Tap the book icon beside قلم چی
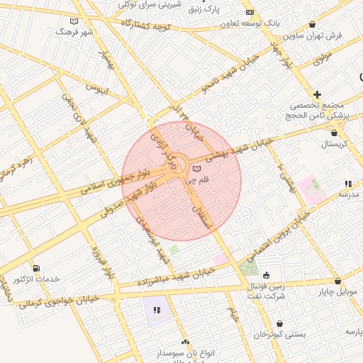[196, 169]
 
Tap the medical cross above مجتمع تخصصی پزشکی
[317, 94]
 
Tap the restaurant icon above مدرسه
[348, 184]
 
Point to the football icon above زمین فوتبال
[266, 276]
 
